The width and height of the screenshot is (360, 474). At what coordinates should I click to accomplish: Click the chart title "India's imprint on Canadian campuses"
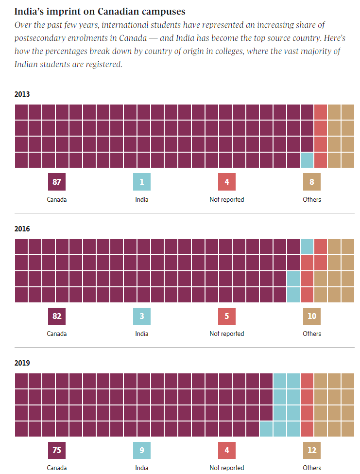click(x=100, y=11)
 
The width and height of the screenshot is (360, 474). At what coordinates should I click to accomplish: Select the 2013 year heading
click(x=22, y=94)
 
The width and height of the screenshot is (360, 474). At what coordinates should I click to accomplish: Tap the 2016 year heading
click(x=22, y=228)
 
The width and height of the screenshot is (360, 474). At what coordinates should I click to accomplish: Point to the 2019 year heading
click(x=22, y=363)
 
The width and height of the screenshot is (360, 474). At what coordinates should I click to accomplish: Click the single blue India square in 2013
click(x=307, y=160)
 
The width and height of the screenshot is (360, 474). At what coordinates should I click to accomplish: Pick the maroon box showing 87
click(x=57, y=182)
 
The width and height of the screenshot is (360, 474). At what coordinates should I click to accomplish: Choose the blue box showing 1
click(x=142, y=182)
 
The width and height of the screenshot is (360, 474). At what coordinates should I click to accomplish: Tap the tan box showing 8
click(x=312, y=182)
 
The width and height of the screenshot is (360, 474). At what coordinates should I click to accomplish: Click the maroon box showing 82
click(x=57, y=316)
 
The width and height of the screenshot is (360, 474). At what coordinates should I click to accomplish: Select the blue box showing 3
click(x=142, y=316)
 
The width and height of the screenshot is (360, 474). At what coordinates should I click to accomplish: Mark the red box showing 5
click(x=227, y=316)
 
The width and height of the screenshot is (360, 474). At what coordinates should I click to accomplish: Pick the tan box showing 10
click(x=312, y=316)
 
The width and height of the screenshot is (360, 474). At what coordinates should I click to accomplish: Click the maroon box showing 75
click(x=57, y=451)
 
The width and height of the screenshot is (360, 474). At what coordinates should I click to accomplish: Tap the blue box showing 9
click(x=142, y=451)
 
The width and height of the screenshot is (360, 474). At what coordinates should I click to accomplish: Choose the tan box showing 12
click(x=312, y=451)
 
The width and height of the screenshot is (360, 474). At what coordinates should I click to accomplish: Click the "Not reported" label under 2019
click(x=227, y=468)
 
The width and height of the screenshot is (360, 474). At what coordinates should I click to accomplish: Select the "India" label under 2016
click(x=142, y=334)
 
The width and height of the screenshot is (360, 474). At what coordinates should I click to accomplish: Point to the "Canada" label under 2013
click(x=57, y=199)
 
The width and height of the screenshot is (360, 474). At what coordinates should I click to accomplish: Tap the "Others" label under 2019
click(x=312, y=468)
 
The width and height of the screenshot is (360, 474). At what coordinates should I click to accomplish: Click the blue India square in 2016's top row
click(x=307, y=246)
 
